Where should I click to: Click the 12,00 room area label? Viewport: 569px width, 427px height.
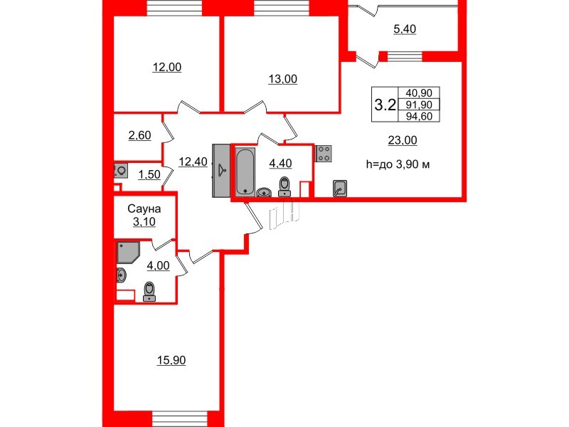(x=167, y=68)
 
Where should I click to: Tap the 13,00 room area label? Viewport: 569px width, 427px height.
(x=283, y=79)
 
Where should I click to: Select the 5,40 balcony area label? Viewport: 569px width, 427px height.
(x=403, y=29)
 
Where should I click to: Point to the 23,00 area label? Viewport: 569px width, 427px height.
(x=403, y=140)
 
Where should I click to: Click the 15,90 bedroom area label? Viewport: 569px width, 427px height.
(x=171, y=360)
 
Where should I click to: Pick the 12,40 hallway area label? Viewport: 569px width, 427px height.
(x=193, y=162)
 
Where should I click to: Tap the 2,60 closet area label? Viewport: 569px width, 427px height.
(x=139, y=135)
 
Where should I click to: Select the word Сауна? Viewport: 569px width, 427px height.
(x=145, y=209)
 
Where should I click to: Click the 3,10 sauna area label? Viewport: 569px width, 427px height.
(x=145, y=222)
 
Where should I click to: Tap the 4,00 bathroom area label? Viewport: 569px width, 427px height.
(x=158, y=265)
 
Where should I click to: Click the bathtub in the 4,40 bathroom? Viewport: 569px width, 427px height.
(x=244, y=171)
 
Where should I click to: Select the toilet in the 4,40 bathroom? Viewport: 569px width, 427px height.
(x=285, y=186)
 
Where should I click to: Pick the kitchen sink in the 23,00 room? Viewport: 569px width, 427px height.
(x=340, y=189)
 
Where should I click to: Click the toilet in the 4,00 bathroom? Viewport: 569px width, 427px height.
(x=149, y=291)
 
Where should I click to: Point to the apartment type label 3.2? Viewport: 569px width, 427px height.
(x=385, y=105)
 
